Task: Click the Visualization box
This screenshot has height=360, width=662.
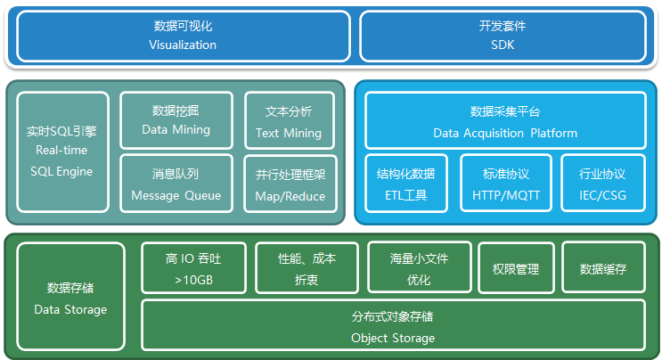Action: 183,36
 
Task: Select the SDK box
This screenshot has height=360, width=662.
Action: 503,36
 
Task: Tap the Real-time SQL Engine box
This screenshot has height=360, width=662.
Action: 62,151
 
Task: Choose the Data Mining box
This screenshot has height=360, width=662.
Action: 176,120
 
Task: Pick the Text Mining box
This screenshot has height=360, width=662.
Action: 289,122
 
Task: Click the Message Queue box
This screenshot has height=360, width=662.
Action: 176,184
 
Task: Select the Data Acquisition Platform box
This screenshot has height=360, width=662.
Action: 505,121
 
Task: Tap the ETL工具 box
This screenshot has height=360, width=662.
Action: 406,184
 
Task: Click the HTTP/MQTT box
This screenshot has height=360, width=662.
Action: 505,184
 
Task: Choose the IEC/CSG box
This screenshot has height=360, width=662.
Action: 602,184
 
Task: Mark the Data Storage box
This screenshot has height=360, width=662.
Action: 70,299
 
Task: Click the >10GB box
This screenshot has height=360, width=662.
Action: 192,268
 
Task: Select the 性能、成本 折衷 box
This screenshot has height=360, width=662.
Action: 306,268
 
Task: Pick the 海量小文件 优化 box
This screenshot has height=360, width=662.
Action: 419,268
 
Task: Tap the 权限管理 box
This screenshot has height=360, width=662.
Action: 515,268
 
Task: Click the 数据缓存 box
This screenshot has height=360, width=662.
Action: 603,268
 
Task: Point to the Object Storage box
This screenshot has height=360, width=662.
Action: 393,326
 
